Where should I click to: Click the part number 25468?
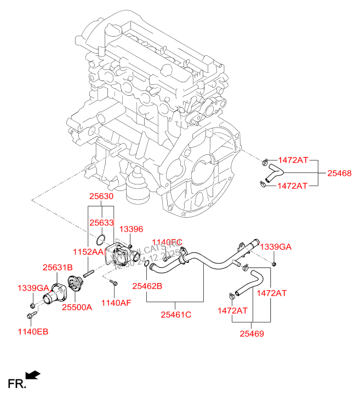(x=339, y=173)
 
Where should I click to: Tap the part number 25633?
(x=101, y=223)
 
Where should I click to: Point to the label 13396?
(x=131, y=229)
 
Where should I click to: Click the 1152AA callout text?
(x=88, y=251)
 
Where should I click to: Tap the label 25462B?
(x=147, y=285)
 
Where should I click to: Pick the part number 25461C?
(x=176, y=314)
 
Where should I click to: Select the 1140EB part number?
(x=33, y=332)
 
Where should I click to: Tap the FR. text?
(x=16, y=384)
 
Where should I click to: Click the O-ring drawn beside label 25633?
(x=100, y=239)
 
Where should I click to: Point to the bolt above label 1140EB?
(x=30, y=316)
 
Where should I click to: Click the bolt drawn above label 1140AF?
(x=113, y=282)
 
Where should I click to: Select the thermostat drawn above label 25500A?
(x=73, y=287)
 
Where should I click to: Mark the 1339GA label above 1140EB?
(x=33, y=288)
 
